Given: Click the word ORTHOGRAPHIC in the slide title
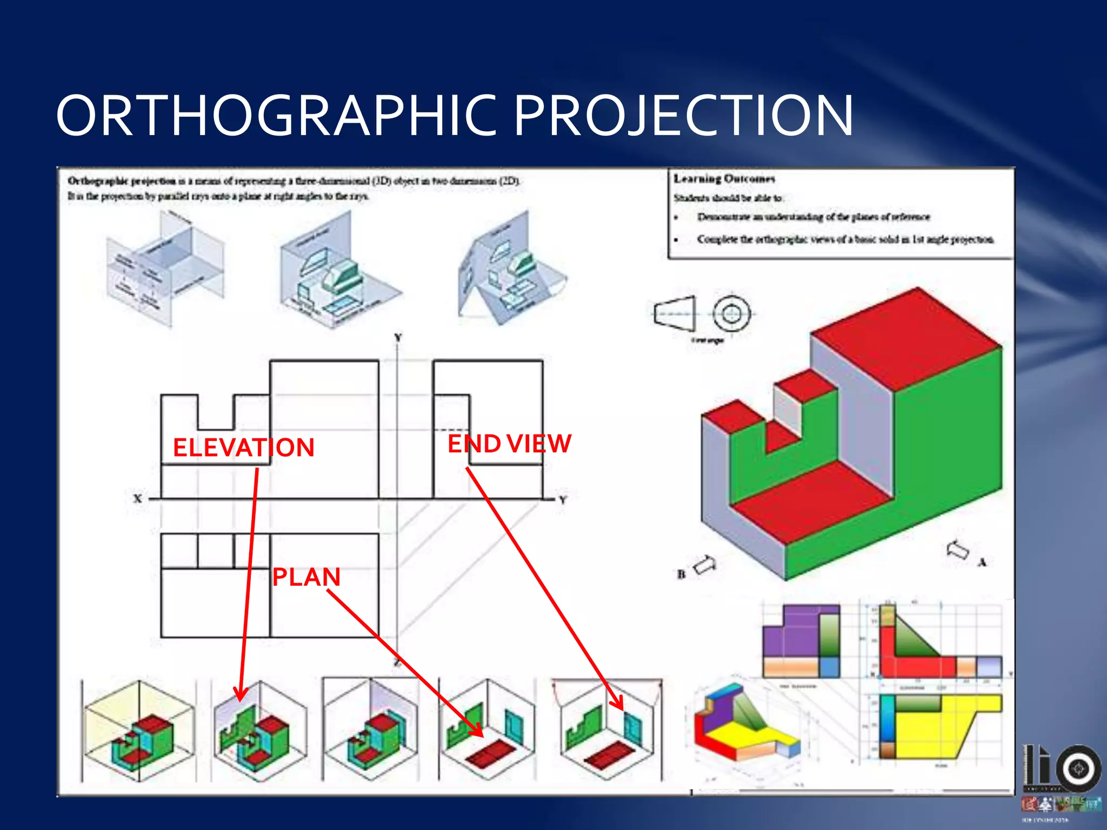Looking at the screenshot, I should click(276, 116).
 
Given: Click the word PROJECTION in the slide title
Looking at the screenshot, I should click(683, 116).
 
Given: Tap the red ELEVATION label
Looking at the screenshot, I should click(243, 448).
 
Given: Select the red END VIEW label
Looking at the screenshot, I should click(509, 444).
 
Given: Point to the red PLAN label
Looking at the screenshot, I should click(306, 577).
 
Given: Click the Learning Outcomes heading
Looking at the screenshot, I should click(724, 179).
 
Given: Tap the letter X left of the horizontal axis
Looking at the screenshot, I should click(138, 499).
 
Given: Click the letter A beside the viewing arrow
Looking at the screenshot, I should click(982, 563).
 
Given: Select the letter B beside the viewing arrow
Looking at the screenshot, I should click(681, 574).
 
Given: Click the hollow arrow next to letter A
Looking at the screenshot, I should click(958, 550).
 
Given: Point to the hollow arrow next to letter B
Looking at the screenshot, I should click(705, 565).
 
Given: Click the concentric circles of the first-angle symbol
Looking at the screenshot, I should click(731, 314).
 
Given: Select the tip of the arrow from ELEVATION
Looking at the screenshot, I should click(239, 700).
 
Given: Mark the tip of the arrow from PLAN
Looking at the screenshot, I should click(482, 735).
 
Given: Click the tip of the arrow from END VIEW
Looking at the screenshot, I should click(622, 708).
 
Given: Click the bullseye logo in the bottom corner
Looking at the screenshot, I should click(1079, 768).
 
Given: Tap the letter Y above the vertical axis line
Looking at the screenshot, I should click(398, 338).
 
